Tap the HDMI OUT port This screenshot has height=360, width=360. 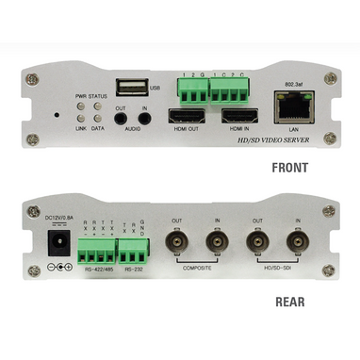[185, 119]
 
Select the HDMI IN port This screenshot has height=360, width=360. [238, 119]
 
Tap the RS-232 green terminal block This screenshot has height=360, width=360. [133, 249]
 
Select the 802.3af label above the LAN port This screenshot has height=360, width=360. [293, 83]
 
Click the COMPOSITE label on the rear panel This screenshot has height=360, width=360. [196, 270]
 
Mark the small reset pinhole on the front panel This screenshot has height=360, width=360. [56, 115]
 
